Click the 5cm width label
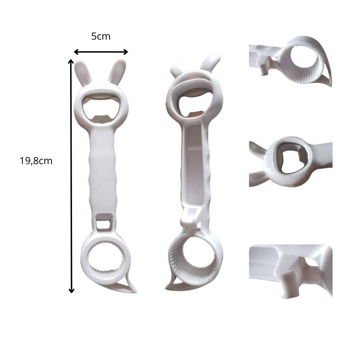click(101, 36)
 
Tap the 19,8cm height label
click(36, 161)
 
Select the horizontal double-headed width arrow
click(101, 52)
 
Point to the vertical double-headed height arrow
click(71, 176)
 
